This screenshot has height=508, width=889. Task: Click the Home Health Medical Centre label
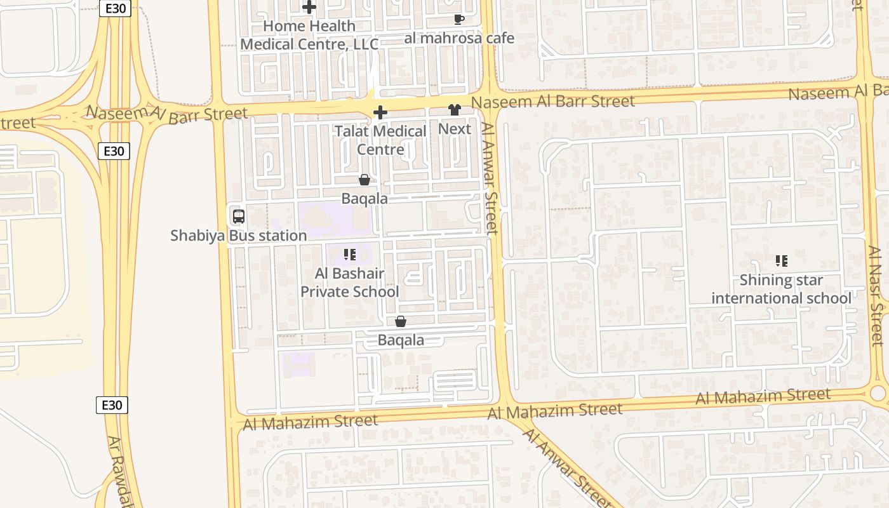(309, 35)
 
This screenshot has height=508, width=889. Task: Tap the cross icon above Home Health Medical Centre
(309, 8)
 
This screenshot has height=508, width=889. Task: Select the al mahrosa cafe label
(459, 38)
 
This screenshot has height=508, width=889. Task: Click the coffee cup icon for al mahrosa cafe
(459, 20)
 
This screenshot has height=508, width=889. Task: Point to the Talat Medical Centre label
(380, 140)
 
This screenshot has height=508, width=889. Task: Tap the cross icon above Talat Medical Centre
(380, 113)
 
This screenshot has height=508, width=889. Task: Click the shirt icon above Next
(454, 110)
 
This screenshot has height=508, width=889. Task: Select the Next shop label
(455, 129)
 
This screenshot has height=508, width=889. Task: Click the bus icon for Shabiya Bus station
(239, 217)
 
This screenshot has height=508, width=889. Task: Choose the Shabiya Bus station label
(239, 236)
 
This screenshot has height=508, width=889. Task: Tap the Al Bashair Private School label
(349, 283)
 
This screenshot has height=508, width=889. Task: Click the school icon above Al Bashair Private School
(349, 255)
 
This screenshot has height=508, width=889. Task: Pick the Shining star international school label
(781, 289)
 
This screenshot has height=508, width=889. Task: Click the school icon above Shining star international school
(782, 261)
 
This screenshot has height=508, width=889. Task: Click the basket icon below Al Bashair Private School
(401, 322)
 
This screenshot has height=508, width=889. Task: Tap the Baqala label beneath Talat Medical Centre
(364, 199)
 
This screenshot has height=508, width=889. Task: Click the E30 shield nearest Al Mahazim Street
(112, 405)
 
